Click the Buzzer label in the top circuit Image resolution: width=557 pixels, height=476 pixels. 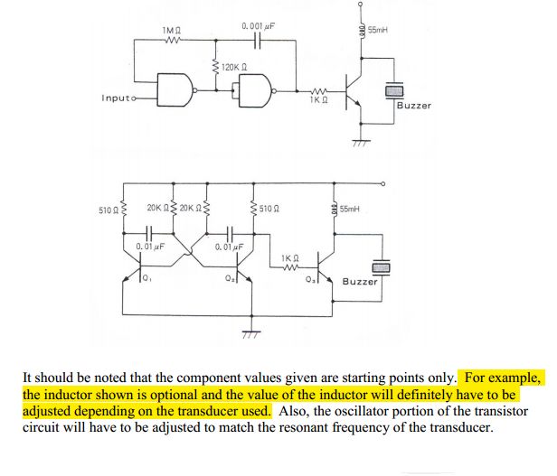click(414, 106)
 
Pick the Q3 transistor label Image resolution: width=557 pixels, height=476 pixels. click(311, 279)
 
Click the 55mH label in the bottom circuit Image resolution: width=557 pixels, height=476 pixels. click(347, 209)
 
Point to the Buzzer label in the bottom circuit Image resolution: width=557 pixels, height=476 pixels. click(360, 281)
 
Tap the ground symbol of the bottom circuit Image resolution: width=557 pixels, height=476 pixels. click(250, 333)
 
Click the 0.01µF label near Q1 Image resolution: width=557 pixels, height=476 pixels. click(149, 246)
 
